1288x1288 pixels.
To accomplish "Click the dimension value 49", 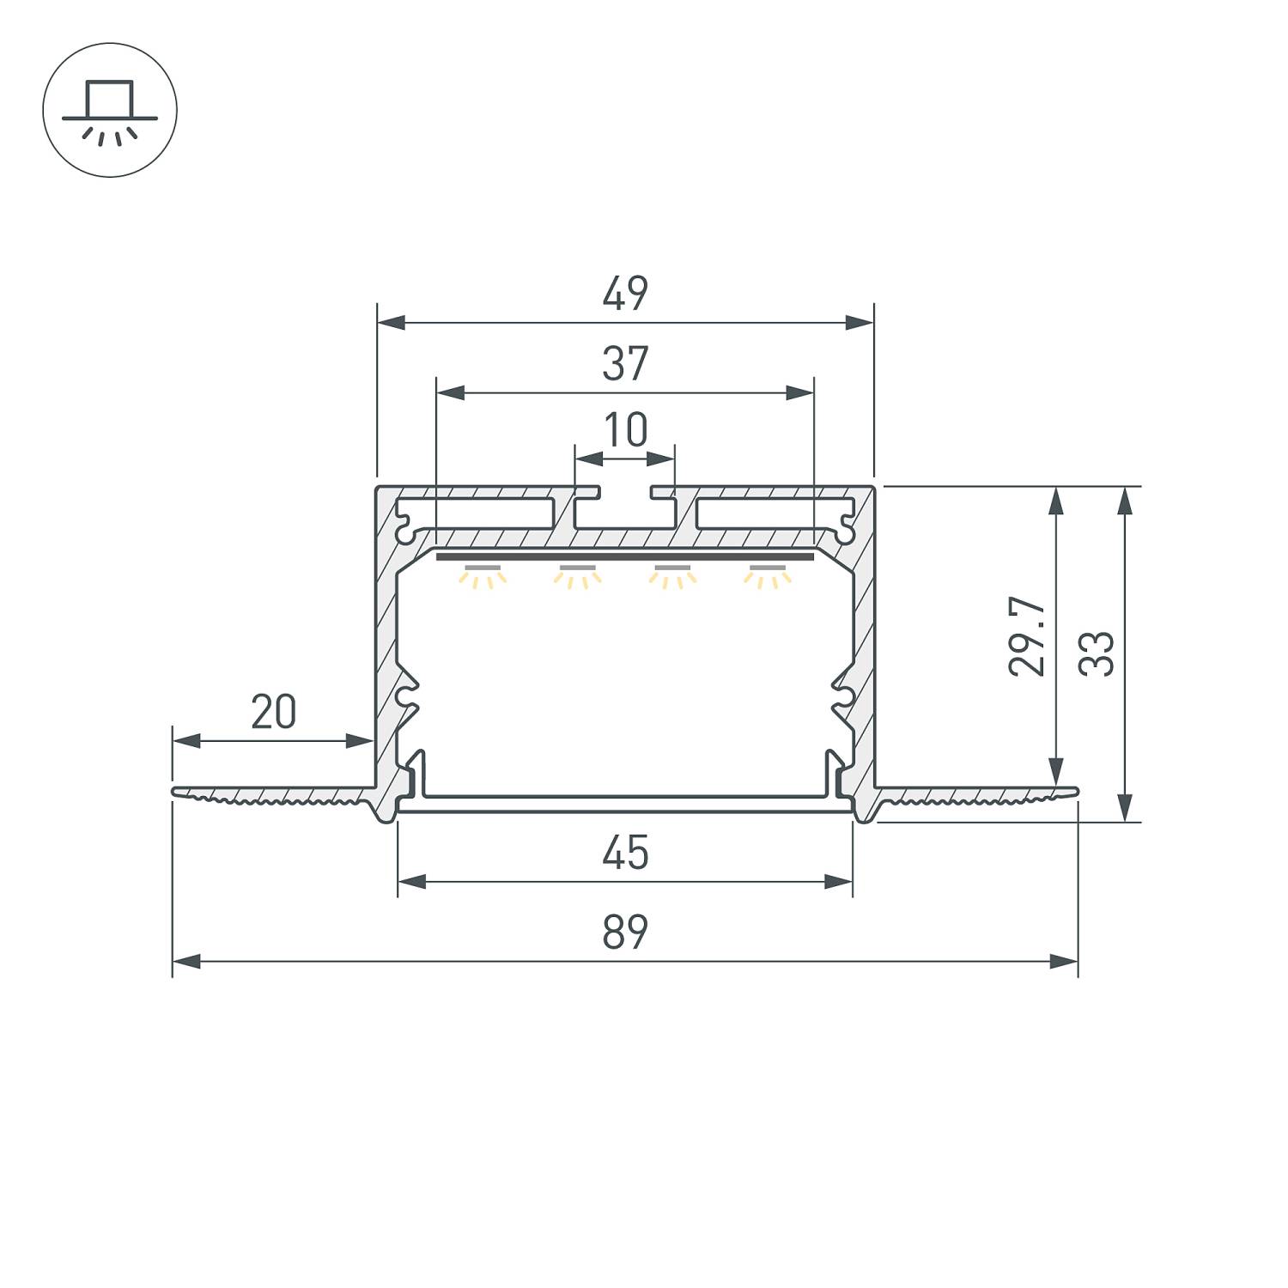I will pyautogui.click(x=624, y=295).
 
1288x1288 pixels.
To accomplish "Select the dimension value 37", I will pyautogui.click(x=624, y=364).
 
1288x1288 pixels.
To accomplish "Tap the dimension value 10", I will pyautogui.click(x=625, y=431).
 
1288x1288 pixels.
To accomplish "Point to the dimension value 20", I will pyautogui.click(x=273, y=712).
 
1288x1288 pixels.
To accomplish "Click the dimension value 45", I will pyautogui.click(x=625, y=854).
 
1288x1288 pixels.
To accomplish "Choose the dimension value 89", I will pyautogui.click(x=625, y=933).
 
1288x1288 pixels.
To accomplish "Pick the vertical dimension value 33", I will pyautogui.click(x=1097, y=653).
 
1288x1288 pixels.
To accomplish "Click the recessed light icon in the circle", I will pyautogui.click(x=110, y=110).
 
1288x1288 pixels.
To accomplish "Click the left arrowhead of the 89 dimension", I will pyautogui.click(x=187, y=962).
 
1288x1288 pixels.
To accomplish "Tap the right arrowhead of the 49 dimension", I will pyautogui.click(x=859, y=323).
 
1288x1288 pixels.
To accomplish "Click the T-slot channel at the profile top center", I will pyautogui.click(x=625, y=511).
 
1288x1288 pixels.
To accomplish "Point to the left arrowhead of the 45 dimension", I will pyautogui.click(x=412, y=881).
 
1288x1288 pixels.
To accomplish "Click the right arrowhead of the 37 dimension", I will pyautogui.click(x=799, y=393).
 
